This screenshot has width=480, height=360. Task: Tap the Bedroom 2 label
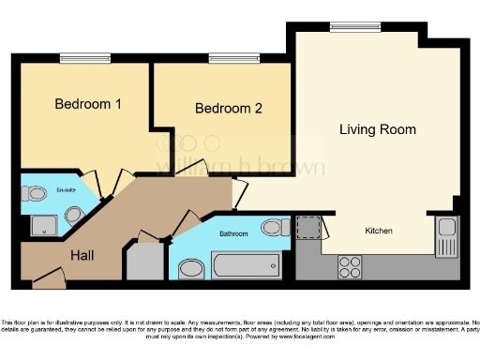(228, 109)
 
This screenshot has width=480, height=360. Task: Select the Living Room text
(377, 128)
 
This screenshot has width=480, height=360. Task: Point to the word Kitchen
(379, 231)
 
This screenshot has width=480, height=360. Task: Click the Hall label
(82, 252)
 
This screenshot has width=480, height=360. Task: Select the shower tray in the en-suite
(44, 225)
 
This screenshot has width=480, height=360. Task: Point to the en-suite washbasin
(75, 217)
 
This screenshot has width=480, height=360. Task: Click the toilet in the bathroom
(275, 227)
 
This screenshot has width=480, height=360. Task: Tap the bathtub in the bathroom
(247, 265)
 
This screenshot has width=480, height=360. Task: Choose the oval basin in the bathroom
(191, 270)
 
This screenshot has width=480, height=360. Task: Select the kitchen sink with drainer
(444, 235)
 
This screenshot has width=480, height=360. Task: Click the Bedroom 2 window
(222, 59)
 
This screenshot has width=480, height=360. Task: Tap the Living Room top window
(348, 27)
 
